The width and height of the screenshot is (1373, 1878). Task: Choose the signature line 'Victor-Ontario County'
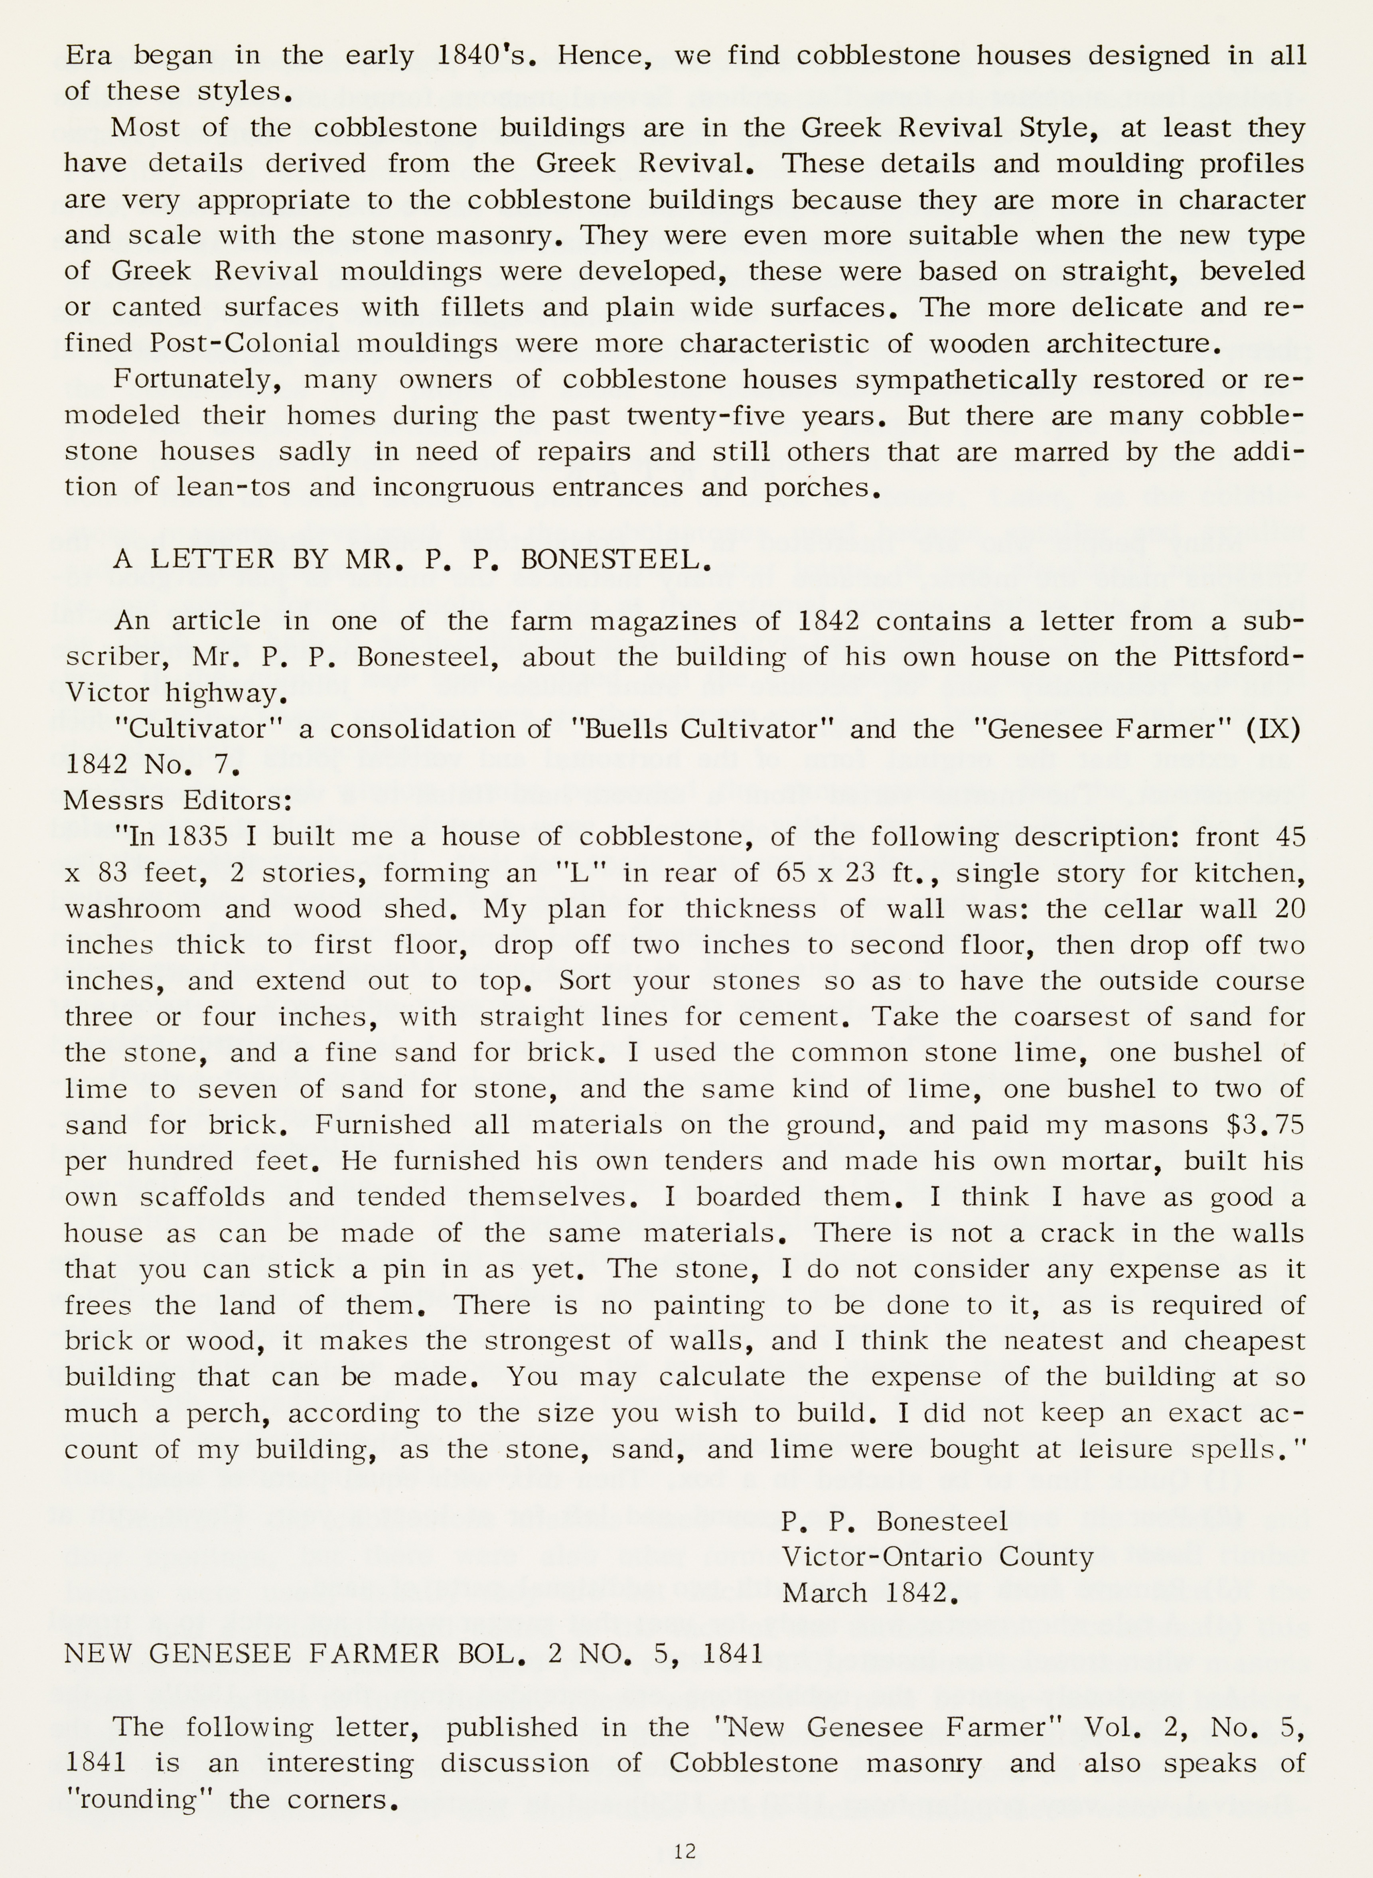[x=937, y=1556]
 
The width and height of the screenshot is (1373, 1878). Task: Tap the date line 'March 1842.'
[x=870, y=1593]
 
